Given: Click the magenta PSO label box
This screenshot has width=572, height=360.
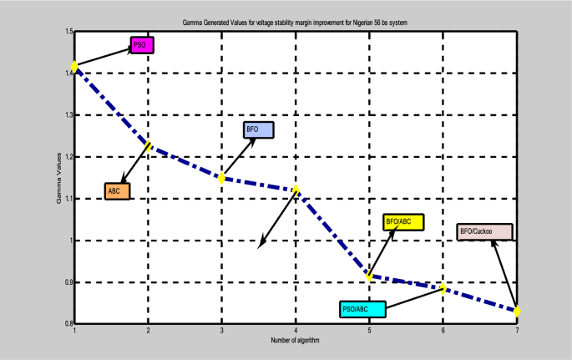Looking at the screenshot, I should (x=141, y=45).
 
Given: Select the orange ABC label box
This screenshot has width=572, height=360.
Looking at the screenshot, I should (x=118, y=191).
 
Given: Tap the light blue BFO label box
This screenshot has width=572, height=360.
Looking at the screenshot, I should (x=258, y=130).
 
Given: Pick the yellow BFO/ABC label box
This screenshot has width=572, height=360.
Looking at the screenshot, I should (x=403, y=222).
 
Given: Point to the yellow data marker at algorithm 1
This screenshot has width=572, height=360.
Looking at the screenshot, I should (x=75, y=66).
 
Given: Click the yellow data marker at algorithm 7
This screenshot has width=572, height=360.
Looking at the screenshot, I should (x=517, y=312).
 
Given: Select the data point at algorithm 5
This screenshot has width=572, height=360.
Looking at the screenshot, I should (x=369, y=276).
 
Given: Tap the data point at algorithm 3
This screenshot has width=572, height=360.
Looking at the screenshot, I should (x=222, y=178).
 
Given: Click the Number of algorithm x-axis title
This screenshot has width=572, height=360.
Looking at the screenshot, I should (x=296, y=341).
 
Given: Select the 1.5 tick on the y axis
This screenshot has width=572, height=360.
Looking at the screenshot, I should (x=67, y=32).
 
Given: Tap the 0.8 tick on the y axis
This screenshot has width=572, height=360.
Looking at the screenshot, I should (x=67, y=323).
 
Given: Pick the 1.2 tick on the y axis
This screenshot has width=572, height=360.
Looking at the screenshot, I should (x=67, y=157).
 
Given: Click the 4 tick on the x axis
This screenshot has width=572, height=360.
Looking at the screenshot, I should (x=296, y=332).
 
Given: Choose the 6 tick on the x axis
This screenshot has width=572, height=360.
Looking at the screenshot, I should (x=443, y=332).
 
